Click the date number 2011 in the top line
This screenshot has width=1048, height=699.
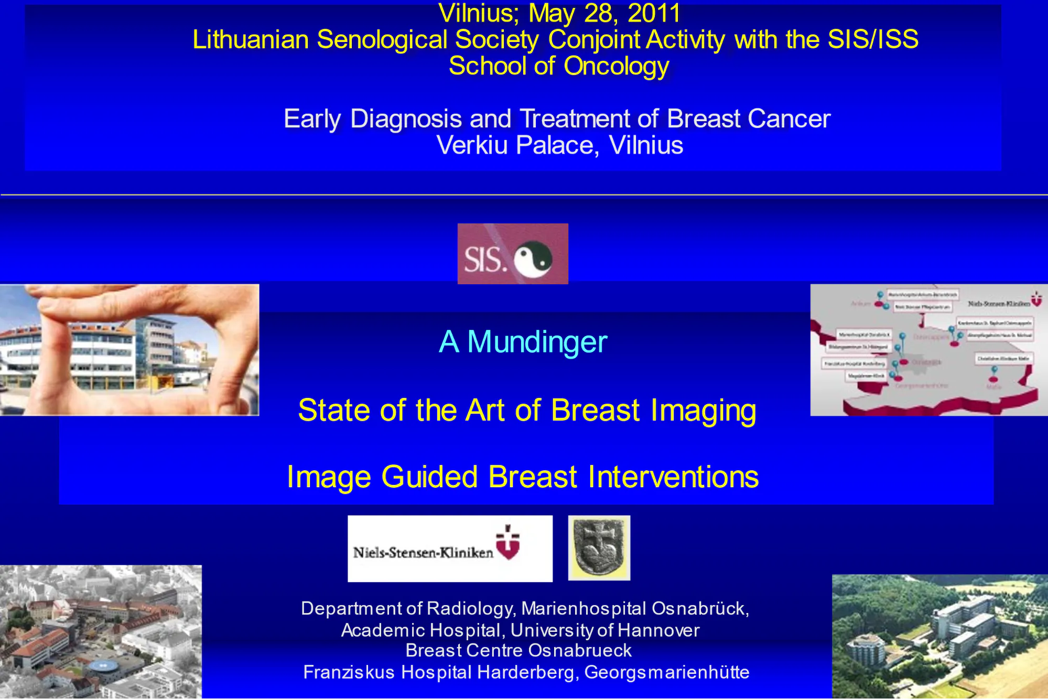tap(654, 13)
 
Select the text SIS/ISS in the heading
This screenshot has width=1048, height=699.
tap(873, 40)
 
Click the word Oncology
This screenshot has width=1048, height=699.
tap(617, 67)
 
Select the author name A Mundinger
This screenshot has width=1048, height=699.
tap(523, 342)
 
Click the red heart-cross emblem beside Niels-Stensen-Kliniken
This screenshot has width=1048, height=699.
tap(508, 543)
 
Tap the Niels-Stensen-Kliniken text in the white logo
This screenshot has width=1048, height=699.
tap(423, 552)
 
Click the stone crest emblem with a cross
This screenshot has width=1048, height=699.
tap(599, 548)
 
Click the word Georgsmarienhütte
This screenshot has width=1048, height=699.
tap(667, 672)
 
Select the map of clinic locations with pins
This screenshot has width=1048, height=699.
tap(928, 350)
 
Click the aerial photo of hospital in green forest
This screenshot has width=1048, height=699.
tap(939, 637)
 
